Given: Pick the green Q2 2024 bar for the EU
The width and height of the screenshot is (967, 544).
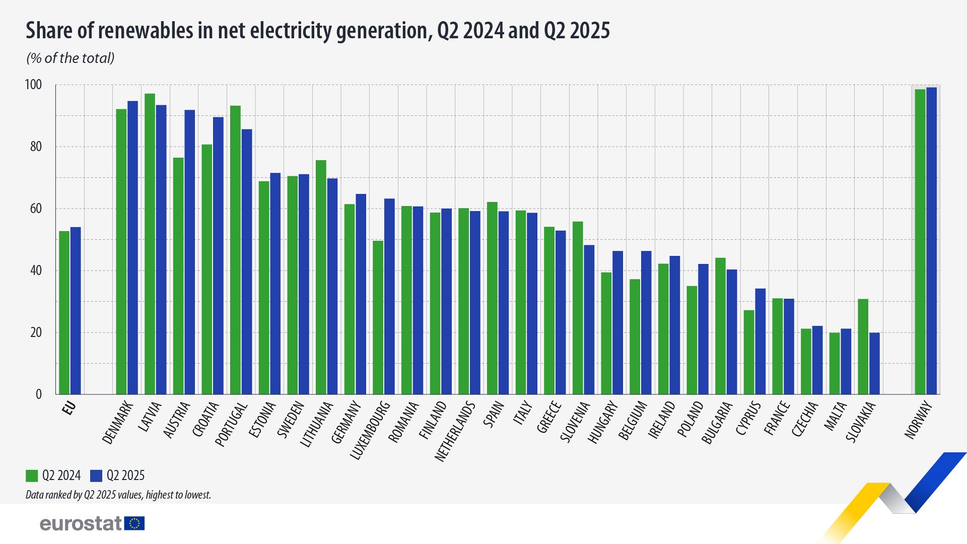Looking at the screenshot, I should [64, 312].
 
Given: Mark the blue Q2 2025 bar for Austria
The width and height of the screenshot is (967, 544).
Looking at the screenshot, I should [190, 252].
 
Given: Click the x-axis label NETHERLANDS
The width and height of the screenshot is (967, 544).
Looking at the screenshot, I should [455, 431].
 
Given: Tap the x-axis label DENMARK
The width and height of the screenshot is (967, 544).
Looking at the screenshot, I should [118, 423].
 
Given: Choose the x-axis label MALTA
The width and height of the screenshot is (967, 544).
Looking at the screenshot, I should [836, 416].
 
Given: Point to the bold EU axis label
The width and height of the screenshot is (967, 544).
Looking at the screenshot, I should [70, 408].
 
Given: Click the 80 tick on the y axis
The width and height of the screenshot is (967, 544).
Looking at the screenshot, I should [36, 147].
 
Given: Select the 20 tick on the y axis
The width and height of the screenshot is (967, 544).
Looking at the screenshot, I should [36, 332].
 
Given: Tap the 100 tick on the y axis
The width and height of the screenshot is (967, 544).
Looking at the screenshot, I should [33, 85].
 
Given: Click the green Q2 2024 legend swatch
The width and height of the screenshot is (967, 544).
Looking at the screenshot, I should [32, 475].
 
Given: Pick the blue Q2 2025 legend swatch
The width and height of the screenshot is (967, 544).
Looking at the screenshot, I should [96, 475].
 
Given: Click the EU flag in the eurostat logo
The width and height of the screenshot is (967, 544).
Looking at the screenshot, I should [134, 523].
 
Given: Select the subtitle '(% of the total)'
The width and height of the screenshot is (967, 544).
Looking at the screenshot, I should [71, 58].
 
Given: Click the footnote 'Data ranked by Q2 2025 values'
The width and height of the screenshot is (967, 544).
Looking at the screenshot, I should [118, 495].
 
